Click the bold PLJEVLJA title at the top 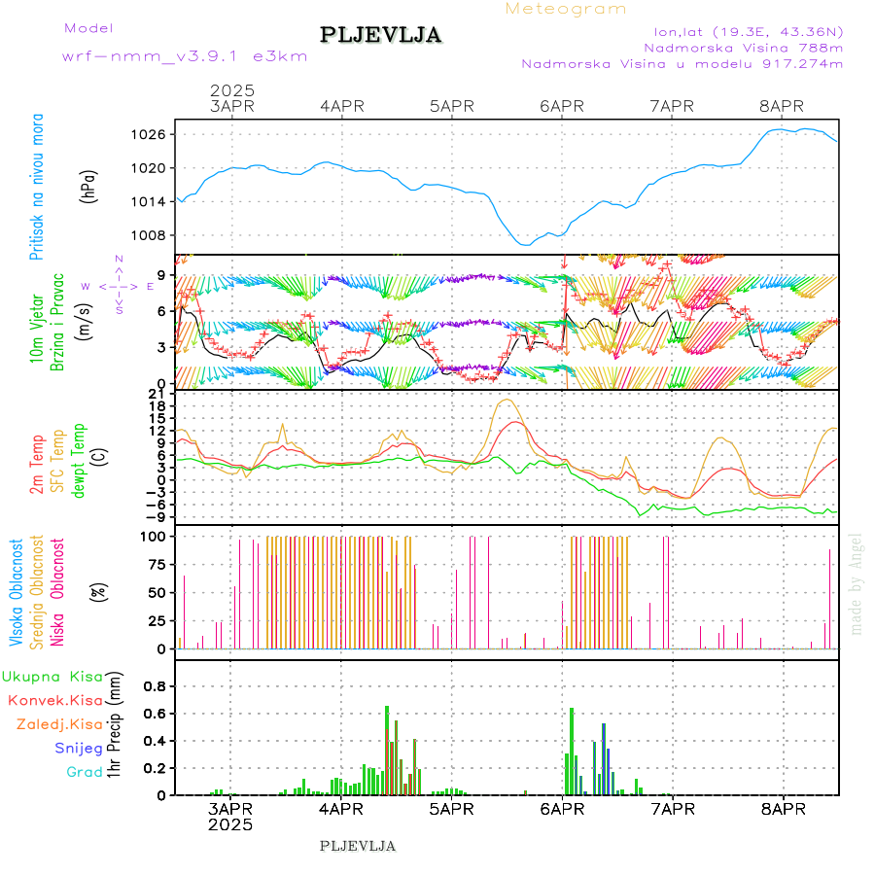(380, 36)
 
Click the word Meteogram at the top (566, 9)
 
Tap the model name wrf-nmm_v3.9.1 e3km (185, 56)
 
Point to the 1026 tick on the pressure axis (149, 134)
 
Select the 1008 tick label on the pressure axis (149, 235)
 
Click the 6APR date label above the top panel (561, 106)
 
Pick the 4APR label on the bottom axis (339, 809)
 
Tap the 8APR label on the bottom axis (782, 809)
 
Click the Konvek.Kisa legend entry (55, 700)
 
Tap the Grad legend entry (85, 772)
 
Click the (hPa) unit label (89, 185)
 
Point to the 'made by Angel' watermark (857, 583)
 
